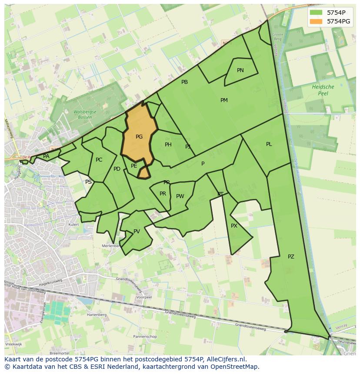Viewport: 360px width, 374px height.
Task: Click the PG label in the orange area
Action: point(139,137)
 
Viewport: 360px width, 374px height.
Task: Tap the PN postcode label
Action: point(240,70)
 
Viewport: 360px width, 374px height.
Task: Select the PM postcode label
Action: point(224,100)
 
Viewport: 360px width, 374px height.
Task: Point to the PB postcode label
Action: point(184,82)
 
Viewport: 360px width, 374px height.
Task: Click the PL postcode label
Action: point(269,144)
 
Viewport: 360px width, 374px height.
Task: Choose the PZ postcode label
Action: point(291,257)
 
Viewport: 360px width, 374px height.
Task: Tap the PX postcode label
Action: point(234,226)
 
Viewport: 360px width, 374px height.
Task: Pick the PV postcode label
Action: point(137,232)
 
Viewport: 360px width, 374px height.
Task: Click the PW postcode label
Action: point(180,196)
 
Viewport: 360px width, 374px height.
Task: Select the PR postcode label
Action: point(163,194)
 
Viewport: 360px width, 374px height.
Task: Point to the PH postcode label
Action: point(168,145)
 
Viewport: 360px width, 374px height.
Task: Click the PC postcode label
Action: point(99,160)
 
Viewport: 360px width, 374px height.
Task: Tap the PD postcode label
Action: point(117,169)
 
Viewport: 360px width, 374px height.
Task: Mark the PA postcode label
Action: point(46,156)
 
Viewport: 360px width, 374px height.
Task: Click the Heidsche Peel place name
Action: point(323,90)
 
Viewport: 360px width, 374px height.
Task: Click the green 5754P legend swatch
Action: point(316,13)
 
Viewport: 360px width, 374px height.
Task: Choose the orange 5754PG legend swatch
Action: point(316,21)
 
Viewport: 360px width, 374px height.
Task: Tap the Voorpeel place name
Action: point(144,298)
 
